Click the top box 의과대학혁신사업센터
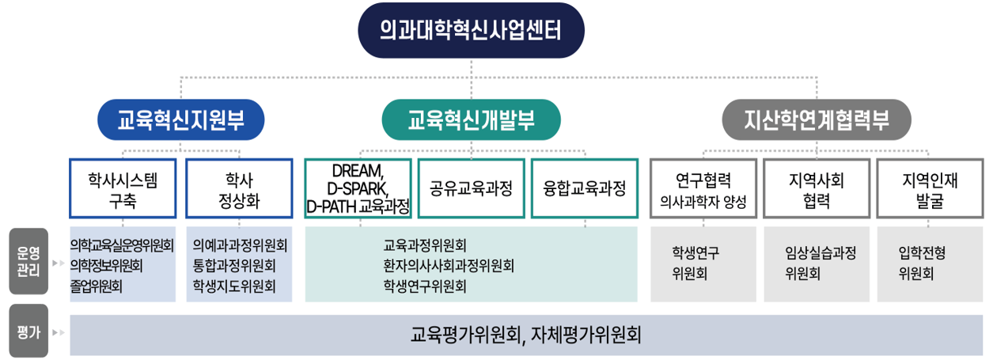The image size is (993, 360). point(471,31)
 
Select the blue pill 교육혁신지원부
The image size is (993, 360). point(180,120)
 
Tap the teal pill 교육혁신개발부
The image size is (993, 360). point(471,120)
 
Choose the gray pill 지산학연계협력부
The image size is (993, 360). point(817,120)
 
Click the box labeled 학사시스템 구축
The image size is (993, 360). point(123,189)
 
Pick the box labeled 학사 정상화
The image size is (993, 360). point(239,189)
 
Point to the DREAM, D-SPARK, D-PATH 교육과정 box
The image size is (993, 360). point(358,189)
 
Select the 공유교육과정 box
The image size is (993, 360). point(471,189)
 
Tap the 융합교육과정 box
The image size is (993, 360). point(585,189)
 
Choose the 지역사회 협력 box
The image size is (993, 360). point(817,189)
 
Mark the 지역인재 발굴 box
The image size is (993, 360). point(930,189)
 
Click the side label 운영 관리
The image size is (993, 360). point(28,262)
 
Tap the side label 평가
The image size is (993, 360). point(28,332)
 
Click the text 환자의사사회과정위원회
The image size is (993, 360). point(448,265)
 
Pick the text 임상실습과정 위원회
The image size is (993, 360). point(817,263)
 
